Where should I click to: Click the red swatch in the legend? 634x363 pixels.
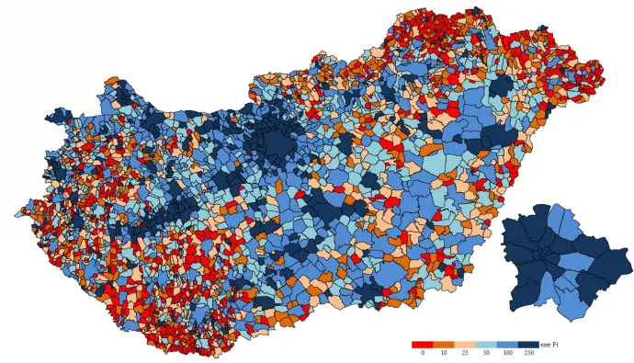(422, 344)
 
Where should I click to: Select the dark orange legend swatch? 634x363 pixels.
(443, 344)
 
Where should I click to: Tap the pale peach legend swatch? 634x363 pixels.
(464, 344)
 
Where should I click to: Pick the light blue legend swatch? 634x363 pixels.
(485, 344)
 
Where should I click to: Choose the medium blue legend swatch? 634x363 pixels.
(506, 344)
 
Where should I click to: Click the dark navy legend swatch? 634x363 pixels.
(527, 344)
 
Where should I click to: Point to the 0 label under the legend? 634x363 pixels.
(423, 353)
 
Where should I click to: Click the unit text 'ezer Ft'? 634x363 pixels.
(549, 344)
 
